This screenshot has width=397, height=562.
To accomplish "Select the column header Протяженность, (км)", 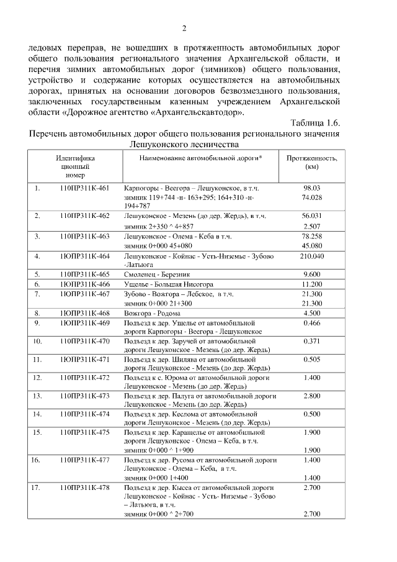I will click(x=311, y=162).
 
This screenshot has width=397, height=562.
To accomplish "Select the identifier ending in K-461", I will click(x=85, y=188).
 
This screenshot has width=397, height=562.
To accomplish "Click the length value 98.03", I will click(x=311, y=188).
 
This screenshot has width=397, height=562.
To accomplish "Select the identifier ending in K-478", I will click(x=85, y=488).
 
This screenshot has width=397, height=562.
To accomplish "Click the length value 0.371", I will click(x=311, y=341).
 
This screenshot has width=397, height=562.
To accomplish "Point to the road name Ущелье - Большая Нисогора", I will click(x=160, y=283).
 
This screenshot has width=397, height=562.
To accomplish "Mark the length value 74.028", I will click(x=311, y=197).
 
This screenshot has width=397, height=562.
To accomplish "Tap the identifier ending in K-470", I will click(x=85, y=341).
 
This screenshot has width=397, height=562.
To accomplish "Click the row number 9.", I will click(x=37, y=323).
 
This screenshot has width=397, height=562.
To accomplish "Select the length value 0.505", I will click(x=311, y=359).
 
